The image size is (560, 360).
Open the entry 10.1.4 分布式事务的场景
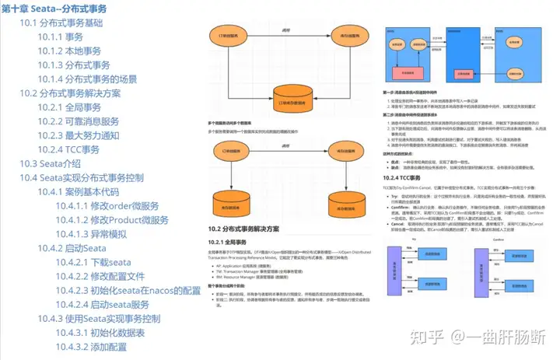pyautogui.click(x=86, y=79)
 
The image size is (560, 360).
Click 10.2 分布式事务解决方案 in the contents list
pyautogui.click(x=80, y=93)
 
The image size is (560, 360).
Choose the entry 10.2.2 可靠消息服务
pyautogui.click(x=78, y=121)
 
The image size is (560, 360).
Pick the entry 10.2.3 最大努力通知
pyautogui.click(x=78, y=135)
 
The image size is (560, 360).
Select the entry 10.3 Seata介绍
pyautogui.click(x=50, y=163)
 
